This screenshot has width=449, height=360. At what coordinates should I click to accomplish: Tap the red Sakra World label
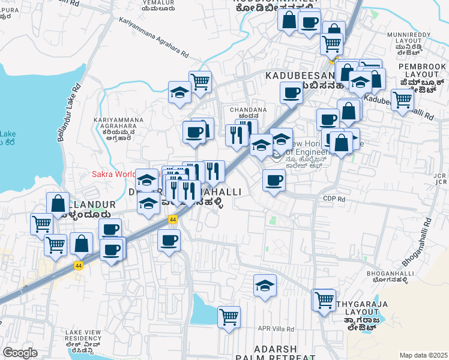click(113, 175)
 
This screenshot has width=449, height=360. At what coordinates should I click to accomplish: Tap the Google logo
click(20, 353)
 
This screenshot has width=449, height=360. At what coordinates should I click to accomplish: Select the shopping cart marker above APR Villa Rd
click(229, 317)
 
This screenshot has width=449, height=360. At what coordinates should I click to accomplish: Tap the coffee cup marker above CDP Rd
click(274, 180)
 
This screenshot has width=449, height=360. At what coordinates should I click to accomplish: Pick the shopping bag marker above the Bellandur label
click(58, 203)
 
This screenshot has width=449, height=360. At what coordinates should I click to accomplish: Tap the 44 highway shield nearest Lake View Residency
click(79, 265)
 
